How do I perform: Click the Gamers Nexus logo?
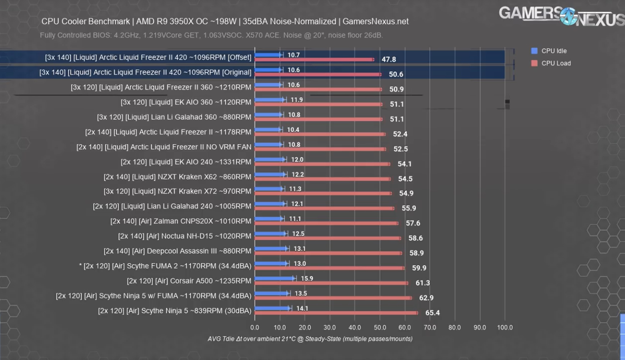coord(561,15)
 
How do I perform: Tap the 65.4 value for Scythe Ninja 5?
coord(432,313)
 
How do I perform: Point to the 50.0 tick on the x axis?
coord(379,327)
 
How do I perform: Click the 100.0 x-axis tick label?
coord(505,327)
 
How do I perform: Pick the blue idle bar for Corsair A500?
coord(275,278)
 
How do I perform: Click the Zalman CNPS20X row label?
coord(180,221)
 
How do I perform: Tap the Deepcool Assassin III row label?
coord(177,251)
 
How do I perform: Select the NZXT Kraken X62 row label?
coord(177,177)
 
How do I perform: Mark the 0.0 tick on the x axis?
coord(255,327)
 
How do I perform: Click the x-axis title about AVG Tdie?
coord(310,339)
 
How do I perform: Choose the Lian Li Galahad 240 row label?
coord(172,206)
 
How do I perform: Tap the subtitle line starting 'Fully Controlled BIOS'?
coord(211,36)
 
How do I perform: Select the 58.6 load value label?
coord(415,238)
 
